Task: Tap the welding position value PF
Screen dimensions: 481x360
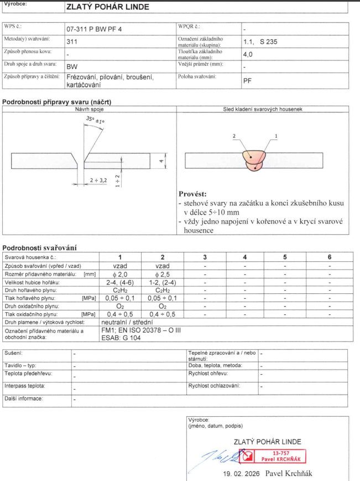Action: point(247,80)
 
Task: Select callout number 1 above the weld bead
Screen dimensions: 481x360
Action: point(275,136)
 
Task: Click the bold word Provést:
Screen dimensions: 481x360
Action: point(192,194)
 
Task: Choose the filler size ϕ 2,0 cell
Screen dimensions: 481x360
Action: point(120,274)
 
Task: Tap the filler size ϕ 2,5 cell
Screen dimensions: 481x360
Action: point(162,274)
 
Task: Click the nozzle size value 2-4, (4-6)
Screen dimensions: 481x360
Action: point(120,282)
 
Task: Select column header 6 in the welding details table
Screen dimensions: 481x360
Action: point(329,257)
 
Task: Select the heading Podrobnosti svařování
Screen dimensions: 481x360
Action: point(39,247)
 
